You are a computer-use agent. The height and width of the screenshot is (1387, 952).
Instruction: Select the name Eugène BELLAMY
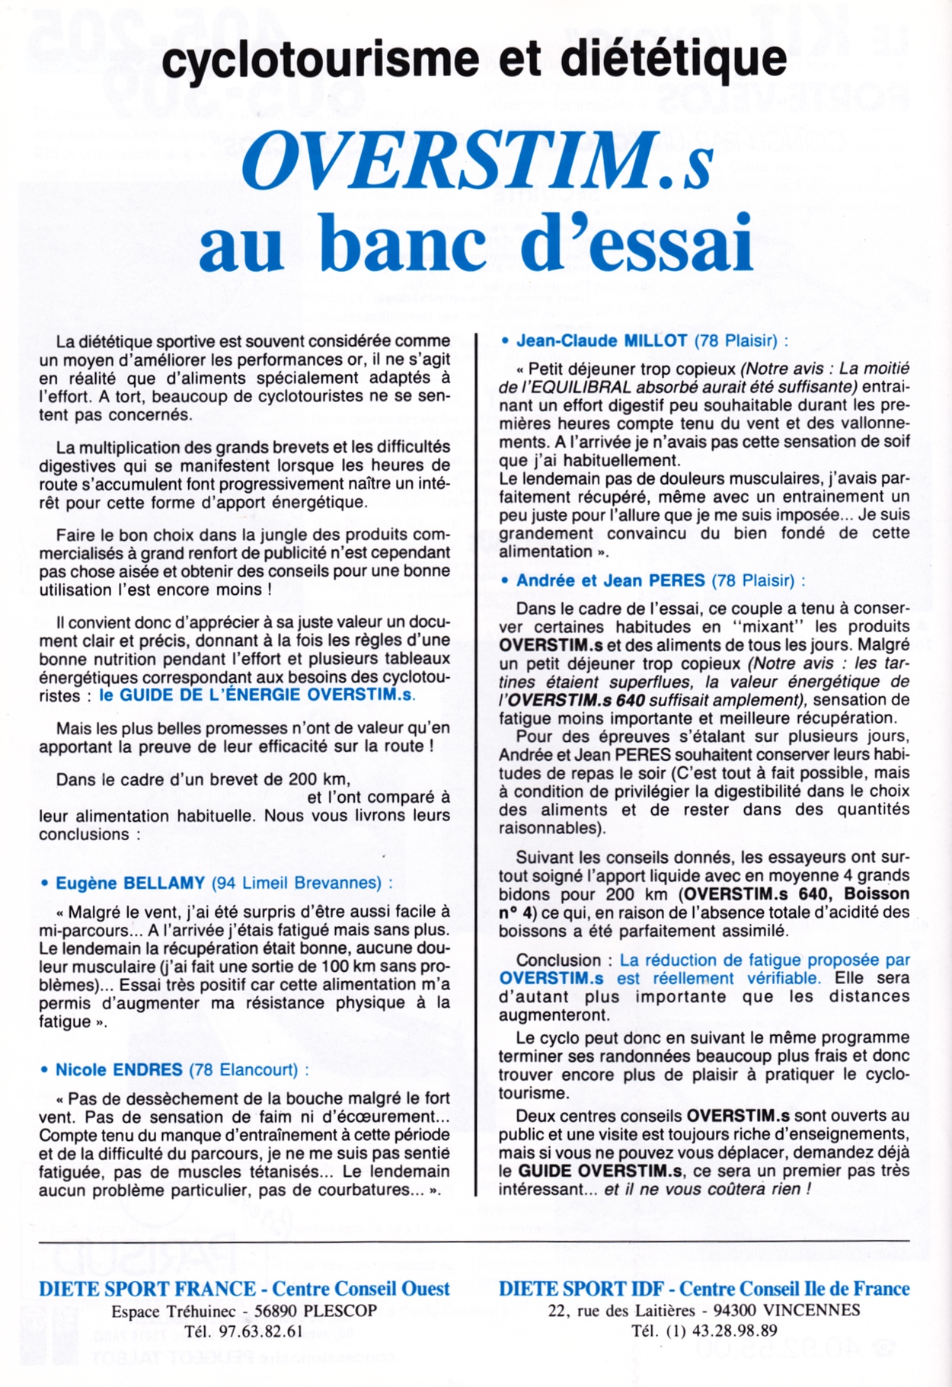point(130,883)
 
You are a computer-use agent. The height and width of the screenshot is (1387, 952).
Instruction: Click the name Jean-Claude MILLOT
point(602,340)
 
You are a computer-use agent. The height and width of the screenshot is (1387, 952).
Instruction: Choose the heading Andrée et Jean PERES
point(610,580)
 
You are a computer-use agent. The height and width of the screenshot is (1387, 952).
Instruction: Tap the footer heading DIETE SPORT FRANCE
point(147,1289)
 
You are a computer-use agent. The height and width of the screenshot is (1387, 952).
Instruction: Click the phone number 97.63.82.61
point(260,1331)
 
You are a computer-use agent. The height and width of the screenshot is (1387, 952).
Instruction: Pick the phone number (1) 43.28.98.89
point(704,1331)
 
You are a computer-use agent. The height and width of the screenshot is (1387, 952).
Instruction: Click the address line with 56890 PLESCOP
point(244,1311)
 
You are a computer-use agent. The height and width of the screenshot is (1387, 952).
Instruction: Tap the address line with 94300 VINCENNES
point(704,1310)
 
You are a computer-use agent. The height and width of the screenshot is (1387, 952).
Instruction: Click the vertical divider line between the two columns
point(476,762)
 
